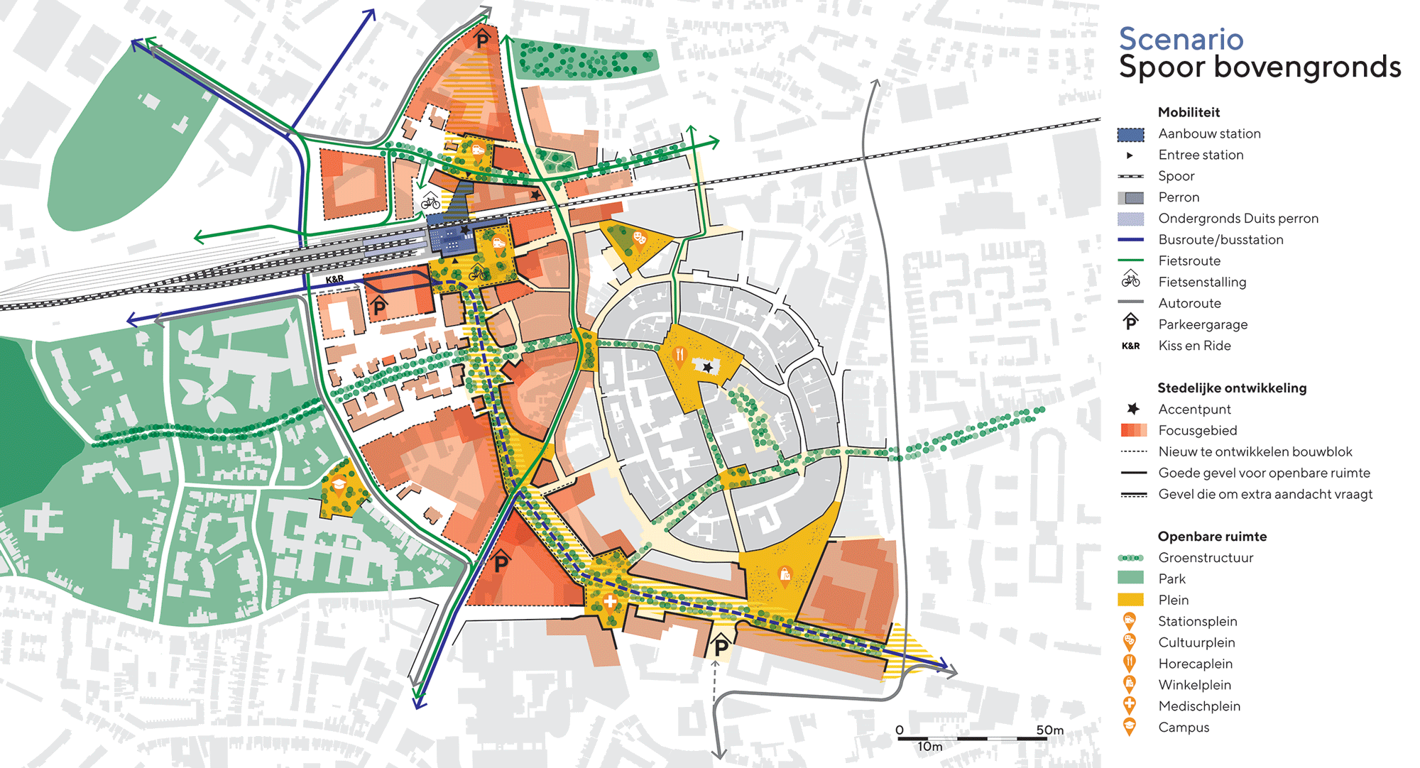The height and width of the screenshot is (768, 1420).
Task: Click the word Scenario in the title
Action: click(1181, 39)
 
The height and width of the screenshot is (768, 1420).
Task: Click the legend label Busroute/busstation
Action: click(1220, 240)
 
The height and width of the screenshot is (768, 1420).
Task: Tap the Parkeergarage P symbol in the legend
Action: click(1130, 323)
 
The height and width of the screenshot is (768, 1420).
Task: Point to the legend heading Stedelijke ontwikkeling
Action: click(1232, 388)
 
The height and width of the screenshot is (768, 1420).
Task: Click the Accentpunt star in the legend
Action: click(1133, 409)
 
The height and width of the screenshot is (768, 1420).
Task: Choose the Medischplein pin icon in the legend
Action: click(1129, 706)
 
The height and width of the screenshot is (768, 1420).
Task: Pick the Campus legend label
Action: click(1184, 728)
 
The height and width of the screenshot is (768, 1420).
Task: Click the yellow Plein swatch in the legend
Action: click(1130, 600)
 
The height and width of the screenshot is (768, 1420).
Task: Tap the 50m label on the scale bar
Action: click(1049, 730)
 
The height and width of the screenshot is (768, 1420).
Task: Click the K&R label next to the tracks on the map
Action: click(334, 280)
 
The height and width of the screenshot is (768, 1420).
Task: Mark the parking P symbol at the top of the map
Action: click(483, 38)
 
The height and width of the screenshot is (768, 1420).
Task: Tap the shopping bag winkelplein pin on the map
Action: click(785, 574)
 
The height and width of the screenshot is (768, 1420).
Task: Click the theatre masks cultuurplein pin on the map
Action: click(639, 237)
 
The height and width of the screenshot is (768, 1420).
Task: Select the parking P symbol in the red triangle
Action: click(501, 563)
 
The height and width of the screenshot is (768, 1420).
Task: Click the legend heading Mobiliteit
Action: click(1189, 112)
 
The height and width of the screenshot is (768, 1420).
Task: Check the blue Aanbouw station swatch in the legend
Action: click(1130, 134)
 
